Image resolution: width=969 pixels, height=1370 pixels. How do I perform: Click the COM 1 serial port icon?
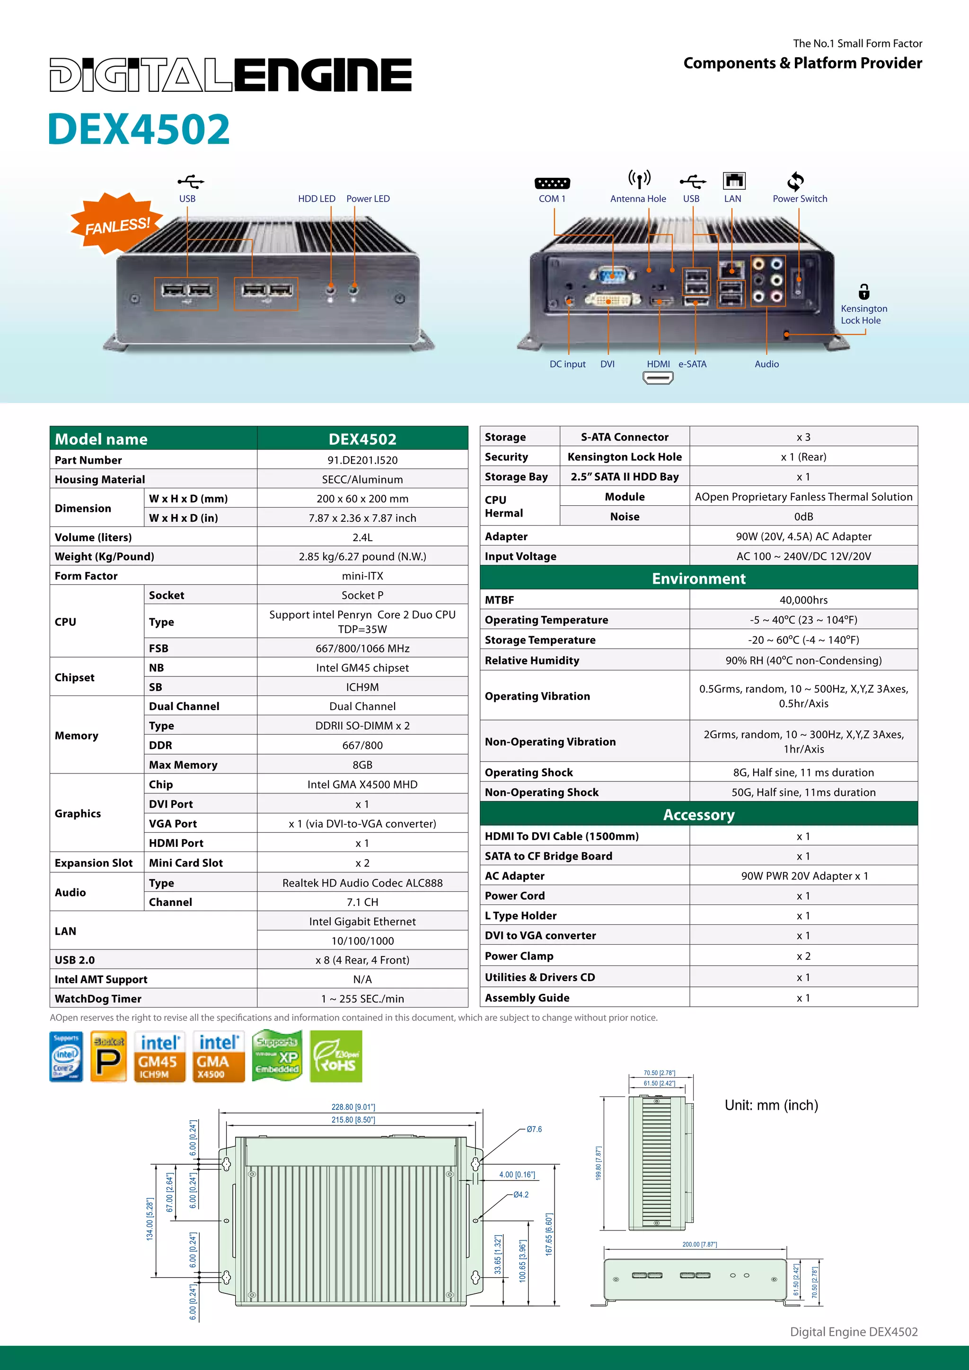[x=552, y=183]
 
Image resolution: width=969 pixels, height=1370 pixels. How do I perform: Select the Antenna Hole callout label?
[x=638, y=199]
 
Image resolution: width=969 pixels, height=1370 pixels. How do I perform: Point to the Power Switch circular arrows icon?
[x=795, y=181]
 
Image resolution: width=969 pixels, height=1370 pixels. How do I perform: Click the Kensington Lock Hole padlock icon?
[x=863, y=291]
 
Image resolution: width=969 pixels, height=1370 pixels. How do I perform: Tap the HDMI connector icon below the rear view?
[x=658, y=378]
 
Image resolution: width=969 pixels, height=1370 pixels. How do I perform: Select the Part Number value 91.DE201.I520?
[x=362, y=460]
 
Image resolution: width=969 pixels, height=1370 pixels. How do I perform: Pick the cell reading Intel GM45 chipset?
[x=362, y=667]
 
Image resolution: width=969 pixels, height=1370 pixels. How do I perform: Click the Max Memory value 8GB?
[x=362, y=765]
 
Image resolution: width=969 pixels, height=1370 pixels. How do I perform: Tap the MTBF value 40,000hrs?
[x=803, y=600]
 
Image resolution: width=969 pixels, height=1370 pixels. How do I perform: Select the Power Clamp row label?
[x=519, y=956]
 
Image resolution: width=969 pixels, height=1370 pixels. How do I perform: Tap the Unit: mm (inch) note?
[x=771, y=1105]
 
